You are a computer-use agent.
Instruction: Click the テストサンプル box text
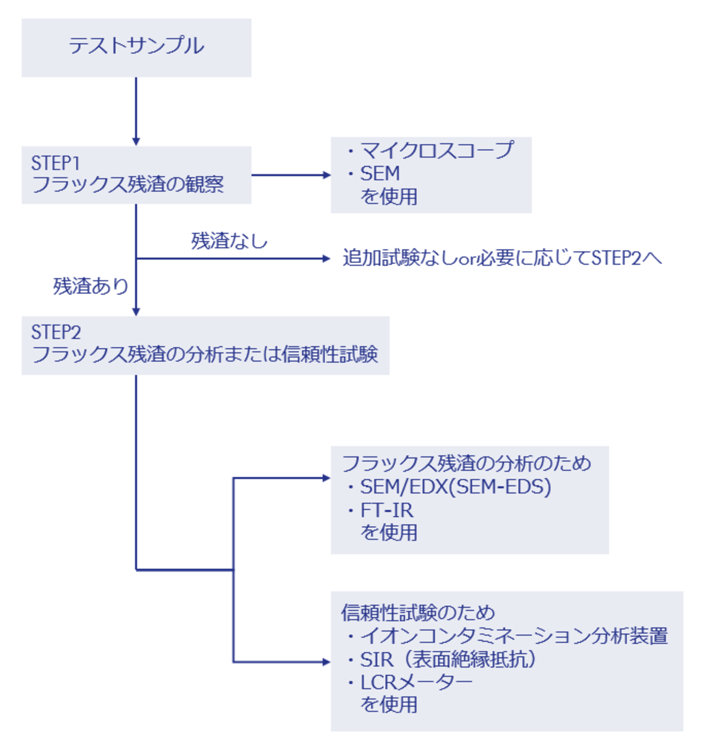[x=136, y=46]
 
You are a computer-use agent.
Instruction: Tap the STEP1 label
[x=55, y=163]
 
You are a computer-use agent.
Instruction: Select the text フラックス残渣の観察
[x=128, y=184]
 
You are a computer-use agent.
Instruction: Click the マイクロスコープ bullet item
[x=436, y=150]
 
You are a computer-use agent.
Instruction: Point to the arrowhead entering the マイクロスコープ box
[x=327, y=175]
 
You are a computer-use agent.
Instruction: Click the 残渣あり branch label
[x=90, y=286]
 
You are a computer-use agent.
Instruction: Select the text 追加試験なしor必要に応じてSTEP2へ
[x=502, y=258]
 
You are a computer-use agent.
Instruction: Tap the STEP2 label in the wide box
[x=56, y=332]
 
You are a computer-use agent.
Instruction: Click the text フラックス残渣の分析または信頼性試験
[x=205, y=354]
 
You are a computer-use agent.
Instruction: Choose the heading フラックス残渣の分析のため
[x=466, y=463]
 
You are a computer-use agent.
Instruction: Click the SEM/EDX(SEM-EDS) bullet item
[x=455, y=487]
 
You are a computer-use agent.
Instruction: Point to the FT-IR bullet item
[x=386, y=511]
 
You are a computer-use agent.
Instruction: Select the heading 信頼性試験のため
[x=418, y=612]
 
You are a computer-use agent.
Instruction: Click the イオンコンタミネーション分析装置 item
[x=514, y=636]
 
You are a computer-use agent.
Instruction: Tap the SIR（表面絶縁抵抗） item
[x=447, y=660]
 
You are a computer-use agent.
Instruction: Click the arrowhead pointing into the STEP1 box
[x=136, y=142]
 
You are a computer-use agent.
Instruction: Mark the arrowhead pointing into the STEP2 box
[x=136, y=312]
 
